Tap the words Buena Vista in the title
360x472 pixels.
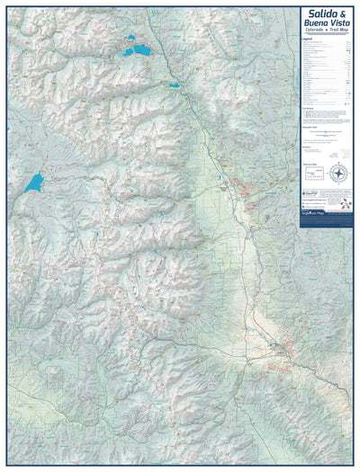pyautogui.click(x=327, y=24)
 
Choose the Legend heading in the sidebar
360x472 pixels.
pyautogui.click(x=308, y=41)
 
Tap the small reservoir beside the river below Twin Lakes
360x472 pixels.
pyautogui.click(x=173, y=85)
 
